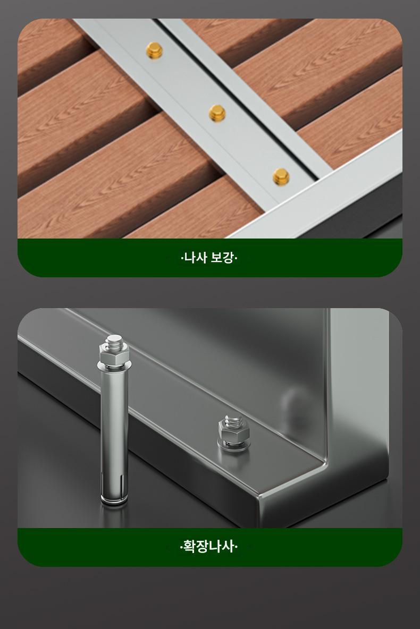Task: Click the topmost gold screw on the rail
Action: click(154, 50)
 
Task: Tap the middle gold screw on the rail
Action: click(217, 114)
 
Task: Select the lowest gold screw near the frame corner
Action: click(281, 177)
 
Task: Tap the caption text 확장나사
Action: click(208, 546)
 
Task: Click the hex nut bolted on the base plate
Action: click(233, 432)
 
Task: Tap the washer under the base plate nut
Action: click(232, 444)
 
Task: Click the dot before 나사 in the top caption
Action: click(181, 258)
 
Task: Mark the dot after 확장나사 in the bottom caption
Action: click(236, 547)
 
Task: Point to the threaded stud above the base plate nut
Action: click(232, 420)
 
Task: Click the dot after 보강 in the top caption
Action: click(236, 258)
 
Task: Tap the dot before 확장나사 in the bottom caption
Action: click(181, 547)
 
